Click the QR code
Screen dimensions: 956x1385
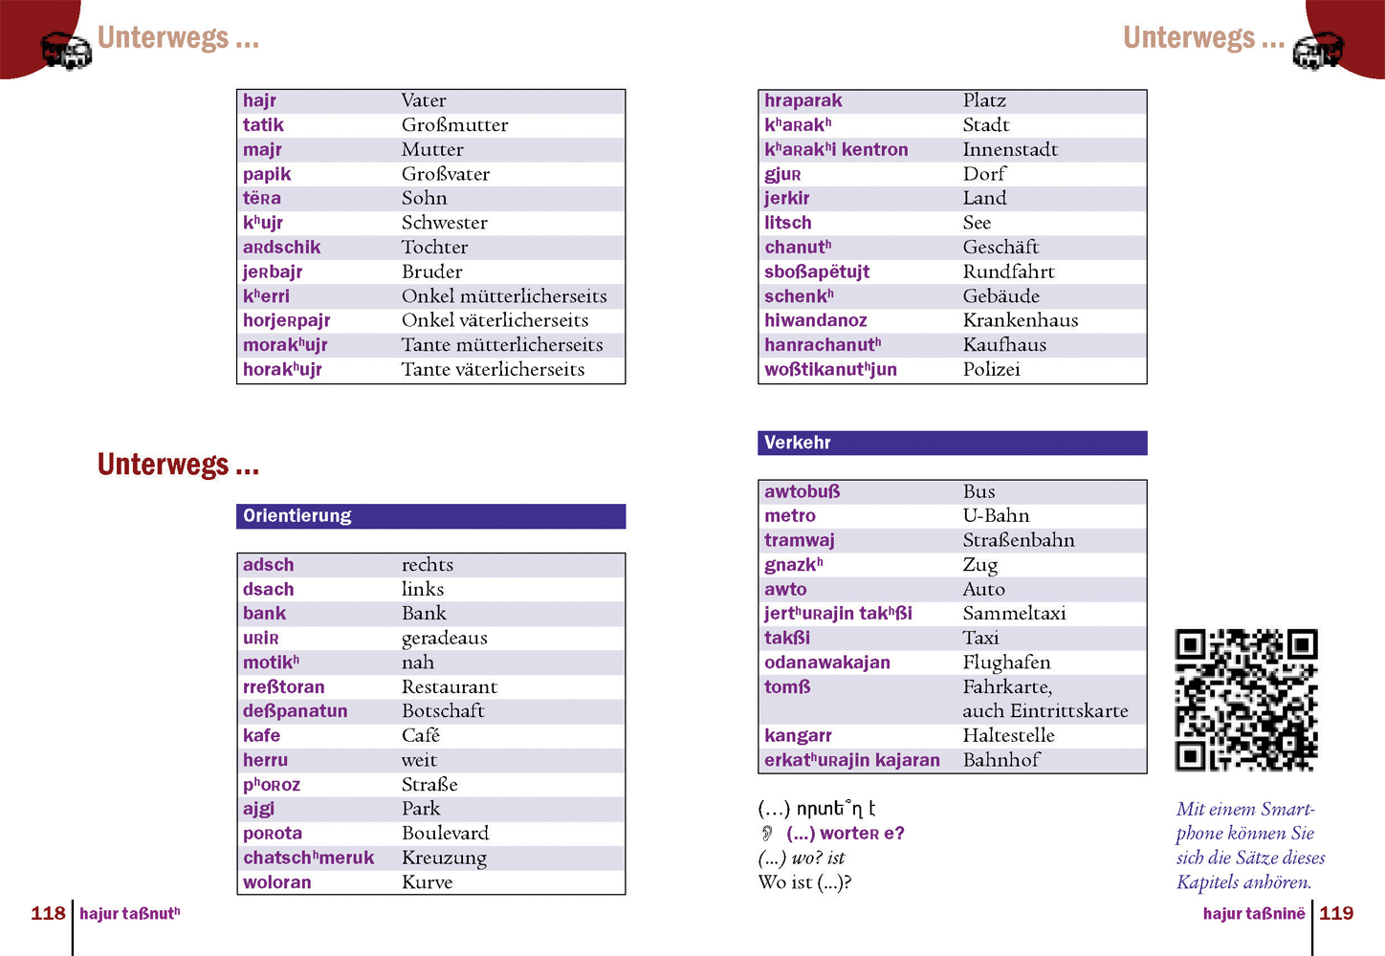(x=1246, y=700)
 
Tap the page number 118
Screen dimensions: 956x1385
(x=48, y=913)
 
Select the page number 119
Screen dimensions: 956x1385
(x=1336, y=913)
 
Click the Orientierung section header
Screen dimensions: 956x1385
(x=297, y=516)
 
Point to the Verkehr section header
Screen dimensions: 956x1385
(x=798, y=443)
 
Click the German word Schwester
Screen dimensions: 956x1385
(x=444, y=223)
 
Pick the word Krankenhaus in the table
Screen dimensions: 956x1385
(x=1020, y=320)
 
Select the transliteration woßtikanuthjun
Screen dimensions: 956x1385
(x=830, y=370)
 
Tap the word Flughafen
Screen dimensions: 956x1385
(x=1006, y=663)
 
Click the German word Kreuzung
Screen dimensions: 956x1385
(x=444, y=858)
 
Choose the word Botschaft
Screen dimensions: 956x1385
(x=443, y=711)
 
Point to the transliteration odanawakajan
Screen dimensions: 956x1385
(x=826, y=663)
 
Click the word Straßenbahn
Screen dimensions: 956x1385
(x=1019, y=540)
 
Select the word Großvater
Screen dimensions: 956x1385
(x=445, y=174)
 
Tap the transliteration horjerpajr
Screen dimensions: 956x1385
(x=286, y=320)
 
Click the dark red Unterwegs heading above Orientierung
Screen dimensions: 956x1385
(x=178, y=465)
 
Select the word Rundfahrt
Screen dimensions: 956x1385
(x=1008, y=272)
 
